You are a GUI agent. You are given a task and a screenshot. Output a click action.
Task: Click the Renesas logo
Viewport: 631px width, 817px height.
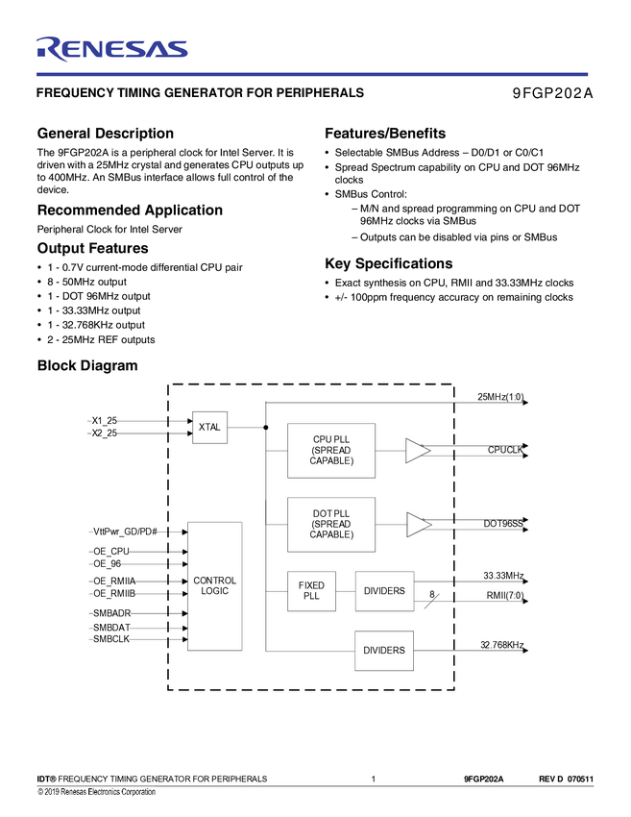pyautogui.click(x=111, y=48)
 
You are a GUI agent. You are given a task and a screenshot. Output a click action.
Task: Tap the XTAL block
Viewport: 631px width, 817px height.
pyautogui.click(x=209, y=427)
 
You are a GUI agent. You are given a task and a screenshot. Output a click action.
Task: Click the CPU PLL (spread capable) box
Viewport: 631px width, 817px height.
pyautogui.click(x=331, y=451)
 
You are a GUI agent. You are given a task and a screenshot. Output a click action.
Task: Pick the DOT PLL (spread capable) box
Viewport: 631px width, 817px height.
pyautogui.click(x=331, y=524)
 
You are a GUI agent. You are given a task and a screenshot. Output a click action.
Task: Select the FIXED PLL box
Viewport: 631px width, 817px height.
pyautogui.click(x=311, y=591)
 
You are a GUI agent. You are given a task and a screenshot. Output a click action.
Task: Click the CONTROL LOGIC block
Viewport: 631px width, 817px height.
pyautogui.click(x=214, y=586)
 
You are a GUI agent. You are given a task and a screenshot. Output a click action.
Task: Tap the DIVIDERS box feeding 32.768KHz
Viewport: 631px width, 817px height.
pyautogui.click(x=384, y=651)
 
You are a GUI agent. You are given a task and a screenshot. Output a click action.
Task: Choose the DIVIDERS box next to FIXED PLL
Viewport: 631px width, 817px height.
pyautogui.click(x=384, y=591)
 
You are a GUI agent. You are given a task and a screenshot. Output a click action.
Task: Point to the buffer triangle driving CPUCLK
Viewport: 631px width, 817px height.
pyautogui.click(x=417, y=451)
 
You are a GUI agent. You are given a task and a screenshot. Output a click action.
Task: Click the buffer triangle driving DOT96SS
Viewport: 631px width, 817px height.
pyautogui.click(x=418, y=525)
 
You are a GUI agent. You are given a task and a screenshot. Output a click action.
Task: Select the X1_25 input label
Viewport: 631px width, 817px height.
pyautogui.click(x=105, y=421)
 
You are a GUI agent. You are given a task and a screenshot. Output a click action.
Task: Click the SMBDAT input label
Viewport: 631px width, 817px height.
pyautogui.click(x=111, y=627)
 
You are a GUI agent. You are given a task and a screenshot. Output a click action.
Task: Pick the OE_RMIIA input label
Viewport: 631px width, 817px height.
pyautogui.click(x=114, y=582)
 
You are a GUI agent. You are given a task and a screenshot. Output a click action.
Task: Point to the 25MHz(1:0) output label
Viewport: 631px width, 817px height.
pyautogui.click(x=499, y=397)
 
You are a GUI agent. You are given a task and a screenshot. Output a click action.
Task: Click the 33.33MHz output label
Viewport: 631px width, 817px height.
pyautogui.click(x=503, y=576)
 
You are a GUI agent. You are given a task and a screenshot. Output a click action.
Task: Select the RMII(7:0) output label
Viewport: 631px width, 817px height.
pyautogui.click(x=504, y=596)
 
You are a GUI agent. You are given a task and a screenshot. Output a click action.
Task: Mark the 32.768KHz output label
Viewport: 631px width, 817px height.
pyautogui.click(x=501, y=645)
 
